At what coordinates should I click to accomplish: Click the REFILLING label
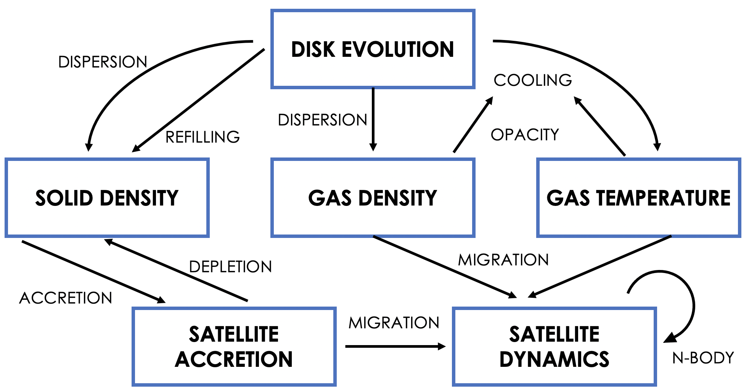[x=203, y=137]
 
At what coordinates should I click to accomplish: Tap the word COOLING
[x=533, y=80]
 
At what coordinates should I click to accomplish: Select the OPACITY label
[x=525, y=135]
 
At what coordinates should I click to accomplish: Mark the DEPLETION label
[x=230, y=267]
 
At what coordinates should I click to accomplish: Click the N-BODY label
[x=703, y=358]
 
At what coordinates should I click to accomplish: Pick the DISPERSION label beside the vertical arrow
[x=322, y=120]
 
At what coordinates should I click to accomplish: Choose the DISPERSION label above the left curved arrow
[x=103, y=62]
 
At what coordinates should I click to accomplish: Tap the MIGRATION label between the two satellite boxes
[x=394, y=323]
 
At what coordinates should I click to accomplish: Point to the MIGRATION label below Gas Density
[x=503, y=260]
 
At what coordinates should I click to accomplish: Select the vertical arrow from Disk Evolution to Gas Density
[x=373, y=119]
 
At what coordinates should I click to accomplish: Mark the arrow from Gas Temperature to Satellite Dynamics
[x=599, y=267]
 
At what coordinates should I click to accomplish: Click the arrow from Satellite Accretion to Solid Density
[x=176, y=270]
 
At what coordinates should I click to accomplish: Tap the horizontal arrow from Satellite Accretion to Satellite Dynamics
[x=395, y=346]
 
